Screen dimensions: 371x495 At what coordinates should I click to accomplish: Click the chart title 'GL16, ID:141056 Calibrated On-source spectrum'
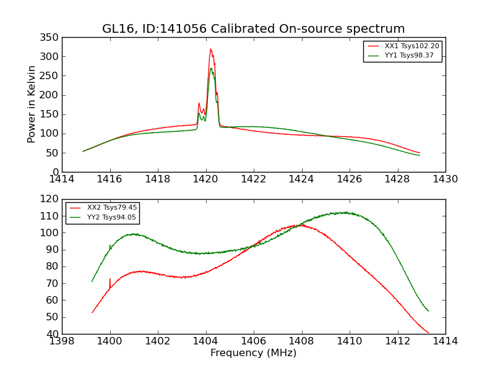point(254,29)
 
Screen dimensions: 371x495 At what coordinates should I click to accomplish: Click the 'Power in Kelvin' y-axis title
point(32,104)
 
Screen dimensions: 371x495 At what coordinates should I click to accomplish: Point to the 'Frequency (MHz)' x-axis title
point(254,353)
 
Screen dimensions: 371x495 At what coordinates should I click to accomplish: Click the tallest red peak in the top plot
point(210,49)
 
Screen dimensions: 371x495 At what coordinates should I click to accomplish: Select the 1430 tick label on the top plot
point(445,179)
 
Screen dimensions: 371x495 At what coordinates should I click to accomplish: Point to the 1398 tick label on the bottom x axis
point(62,341)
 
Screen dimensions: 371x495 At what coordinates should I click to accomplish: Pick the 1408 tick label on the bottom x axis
point(302,341)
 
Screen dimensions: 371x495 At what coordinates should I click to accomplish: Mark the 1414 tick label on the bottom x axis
point(445,341)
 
